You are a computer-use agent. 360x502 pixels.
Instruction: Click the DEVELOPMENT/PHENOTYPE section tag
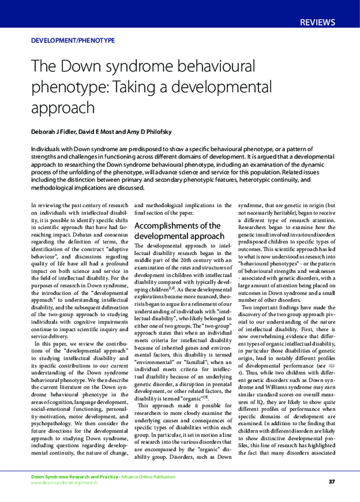[72, 41]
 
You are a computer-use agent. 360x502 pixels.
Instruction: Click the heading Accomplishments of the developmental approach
[178, 230]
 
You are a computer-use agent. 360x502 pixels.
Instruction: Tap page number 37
[332, 482]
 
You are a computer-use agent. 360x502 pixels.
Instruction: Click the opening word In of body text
[33, 205]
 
